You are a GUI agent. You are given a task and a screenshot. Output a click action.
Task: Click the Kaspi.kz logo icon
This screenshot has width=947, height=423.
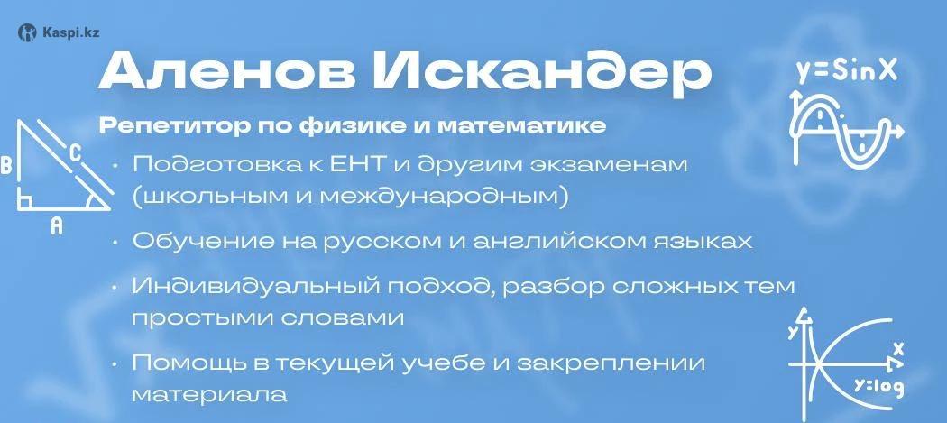(27, 32)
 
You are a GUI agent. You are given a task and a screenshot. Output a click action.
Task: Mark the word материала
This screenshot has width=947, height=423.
(209, 395)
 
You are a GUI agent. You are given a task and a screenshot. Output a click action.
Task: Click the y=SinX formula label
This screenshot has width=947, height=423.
(846, 72)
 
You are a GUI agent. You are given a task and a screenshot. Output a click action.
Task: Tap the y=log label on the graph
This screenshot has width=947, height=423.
(878, 387)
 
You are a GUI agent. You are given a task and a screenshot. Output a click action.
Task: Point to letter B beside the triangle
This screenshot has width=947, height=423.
(6, 165)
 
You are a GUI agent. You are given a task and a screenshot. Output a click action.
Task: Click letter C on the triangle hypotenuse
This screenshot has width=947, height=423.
(74, 152)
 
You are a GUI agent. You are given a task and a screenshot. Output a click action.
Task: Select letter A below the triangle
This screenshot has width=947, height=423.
(56, 226)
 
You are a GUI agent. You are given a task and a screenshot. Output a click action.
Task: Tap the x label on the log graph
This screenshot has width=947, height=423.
(898, 349)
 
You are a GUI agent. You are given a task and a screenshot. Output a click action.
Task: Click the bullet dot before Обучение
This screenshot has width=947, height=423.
(115, 243)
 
